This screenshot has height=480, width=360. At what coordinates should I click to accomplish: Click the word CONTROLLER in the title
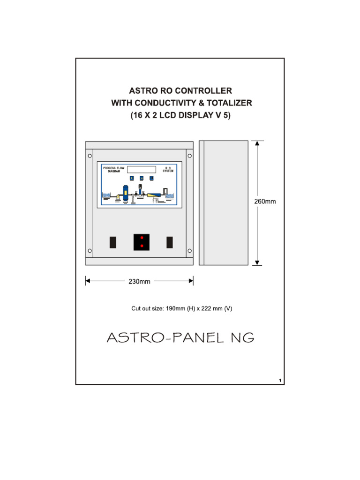(x=203, y=90)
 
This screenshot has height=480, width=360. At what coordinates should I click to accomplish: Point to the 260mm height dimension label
(x=265, y=202)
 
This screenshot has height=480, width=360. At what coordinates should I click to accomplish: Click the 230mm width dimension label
(x=139, y=282)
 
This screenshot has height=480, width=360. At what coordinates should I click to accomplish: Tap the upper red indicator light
(x=142, y=238)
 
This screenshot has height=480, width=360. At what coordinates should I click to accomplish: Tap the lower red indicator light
(x=142, y=246)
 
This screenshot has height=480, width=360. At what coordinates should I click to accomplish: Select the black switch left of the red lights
(x=113, y=242)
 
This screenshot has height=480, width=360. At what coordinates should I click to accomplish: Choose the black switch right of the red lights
(x=170, y=242)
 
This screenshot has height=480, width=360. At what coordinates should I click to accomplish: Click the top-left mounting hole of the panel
(x=90, y=156)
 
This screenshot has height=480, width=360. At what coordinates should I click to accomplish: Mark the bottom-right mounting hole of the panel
(x=189, y=251)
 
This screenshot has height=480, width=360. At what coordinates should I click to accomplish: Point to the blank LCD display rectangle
(x=141, y=169)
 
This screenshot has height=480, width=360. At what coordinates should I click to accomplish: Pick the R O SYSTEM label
(x=168, y=169)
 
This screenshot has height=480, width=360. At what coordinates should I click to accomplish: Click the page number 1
(x=279, y=380)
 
